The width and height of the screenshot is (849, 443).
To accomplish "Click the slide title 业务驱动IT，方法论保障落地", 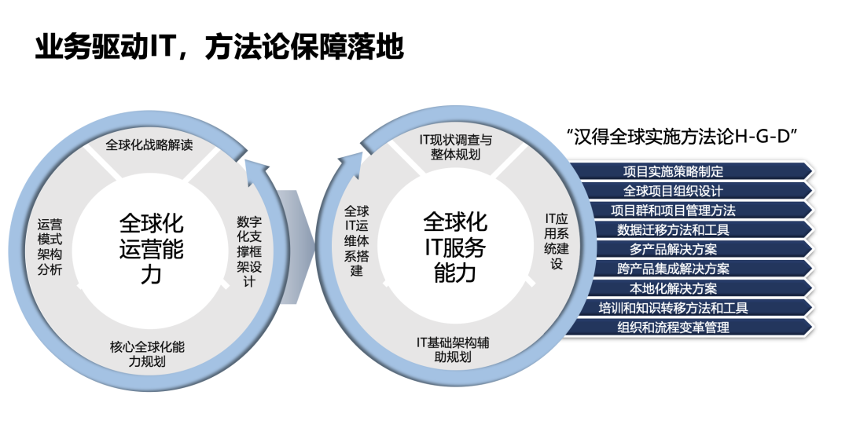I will (x=219, y=47).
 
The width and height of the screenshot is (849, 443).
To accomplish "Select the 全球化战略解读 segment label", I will (x=149, y=145).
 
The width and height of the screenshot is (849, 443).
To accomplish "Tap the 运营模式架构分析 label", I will (x=50, y=247).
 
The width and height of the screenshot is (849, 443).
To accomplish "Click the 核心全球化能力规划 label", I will (x=148, y=354).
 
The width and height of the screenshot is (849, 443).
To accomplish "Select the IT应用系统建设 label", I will (x=556, y=240).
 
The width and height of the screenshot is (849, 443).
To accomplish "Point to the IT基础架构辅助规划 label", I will (x=455, y=350).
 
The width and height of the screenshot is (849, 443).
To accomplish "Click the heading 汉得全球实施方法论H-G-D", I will (x=682, y=135).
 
